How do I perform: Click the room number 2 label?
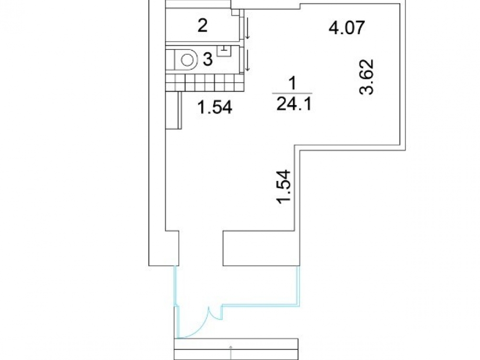coord(203,25)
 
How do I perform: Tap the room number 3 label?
coord(207,59)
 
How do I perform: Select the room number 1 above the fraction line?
coord(293,83)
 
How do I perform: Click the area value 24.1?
coord(294,104)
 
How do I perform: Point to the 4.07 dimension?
coord(347,27)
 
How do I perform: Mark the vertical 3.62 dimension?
coord(367,77)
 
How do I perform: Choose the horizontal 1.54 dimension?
coord(215,108)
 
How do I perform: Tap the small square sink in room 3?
coord(224,50)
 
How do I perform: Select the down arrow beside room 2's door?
coord(247,28)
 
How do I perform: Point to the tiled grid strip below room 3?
coord(205,83)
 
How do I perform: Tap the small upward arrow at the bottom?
coord(231,352)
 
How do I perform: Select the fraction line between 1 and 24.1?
coord(293,94)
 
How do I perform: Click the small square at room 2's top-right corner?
coord(235,12)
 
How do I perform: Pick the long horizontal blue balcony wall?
coord(260,305)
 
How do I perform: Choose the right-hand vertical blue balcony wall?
coord(298,286)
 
